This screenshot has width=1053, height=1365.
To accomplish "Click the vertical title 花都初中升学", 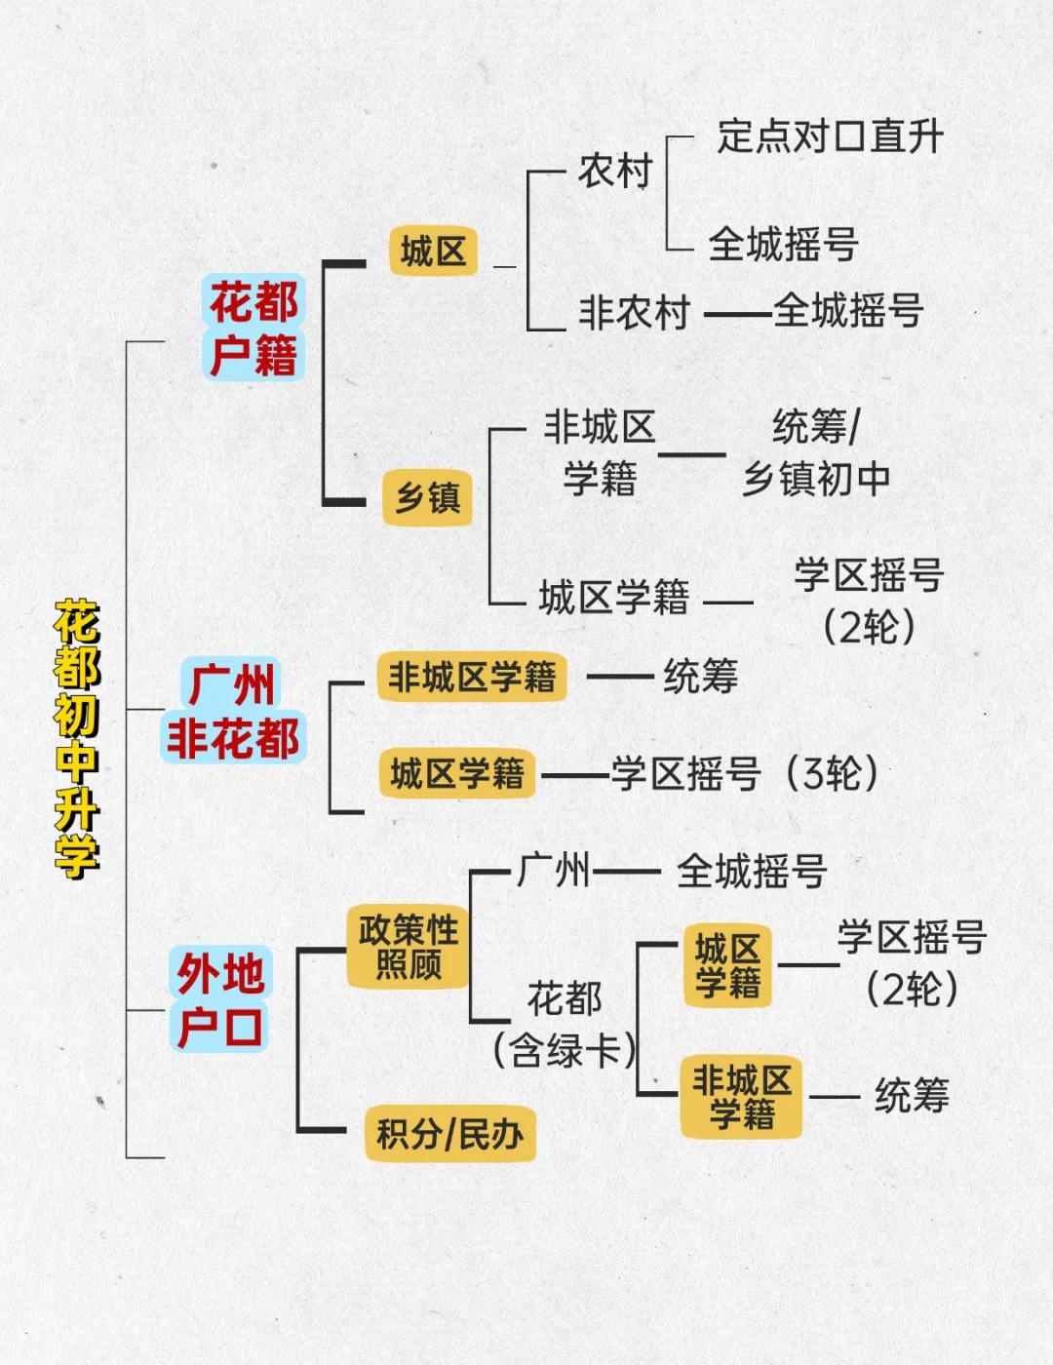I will pyautogui.click(x=77, y=738).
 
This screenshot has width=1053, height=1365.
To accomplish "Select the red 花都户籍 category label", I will pyautogui.click(x=253, y=328).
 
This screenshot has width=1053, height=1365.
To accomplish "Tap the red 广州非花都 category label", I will pyautogui.click(x=233, y=711).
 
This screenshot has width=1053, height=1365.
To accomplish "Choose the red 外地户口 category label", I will pyautogui.click(x=220, y=999).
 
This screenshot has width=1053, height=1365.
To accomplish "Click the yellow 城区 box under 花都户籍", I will pyautogui.click(x=433, y=252).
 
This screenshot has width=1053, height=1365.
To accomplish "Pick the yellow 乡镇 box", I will pyautogui.click(x=427, y=498).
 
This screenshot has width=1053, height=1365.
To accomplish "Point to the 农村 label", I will pyautogui.click(x=614, y=172).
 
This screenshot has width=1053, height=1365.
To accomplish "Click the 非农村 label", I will pyautogui.click(x=634, y=313).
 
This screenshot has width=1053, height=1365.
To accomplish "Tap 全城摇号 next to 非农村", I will pyautogui.click(x=848, y=312).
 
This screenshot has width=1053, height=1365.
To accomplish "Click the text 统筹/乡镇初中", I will pyautogui.click(x=816, y=453).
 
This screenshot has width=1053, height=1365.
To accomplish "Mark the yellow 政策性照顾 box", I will pyautogui.click(x=409, y=947).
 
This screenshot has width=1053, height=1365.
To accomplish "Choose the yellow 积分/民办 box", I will pyautogui.click(x=450, y=1133).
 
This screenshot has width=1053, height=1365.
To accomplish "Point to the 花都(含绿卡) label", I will pyautogui.click(x=565, y=1024).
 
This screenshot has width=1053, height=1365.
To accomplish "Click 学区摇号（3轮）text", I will pyautogui.click(x=745, y=774).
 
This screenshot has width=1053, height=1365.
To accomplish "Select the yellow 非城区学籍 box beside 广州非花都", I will pyautogui.click(x=472, y=677).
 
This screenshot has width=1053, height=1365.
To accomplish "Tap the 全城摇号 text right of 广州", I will pyautogui.click(x=752, y=871).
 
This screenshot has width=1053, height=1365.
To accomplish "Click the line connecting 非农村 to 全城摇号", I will pyautogui.click(x=737, y=314).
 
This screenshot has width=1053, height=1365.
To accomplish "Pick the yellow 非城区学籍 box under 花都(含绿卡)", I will pyautogui.click(x=741, y=1096).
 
